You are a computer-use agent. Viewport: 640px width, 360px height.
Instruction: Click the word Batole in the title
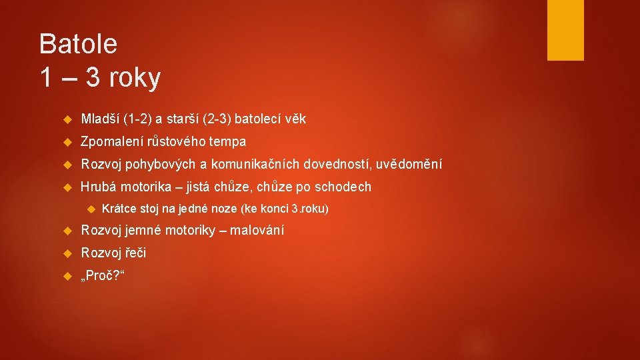[78, 44]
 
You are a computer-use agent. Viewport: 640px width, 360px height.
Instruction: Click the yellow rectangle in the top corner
[565, 30]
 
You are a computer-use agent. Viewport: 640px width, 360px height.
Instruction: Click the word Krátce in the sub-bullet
[117, 209]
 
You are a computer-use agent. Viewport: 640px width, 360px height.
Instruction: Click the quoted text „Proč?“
[100, 275]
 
